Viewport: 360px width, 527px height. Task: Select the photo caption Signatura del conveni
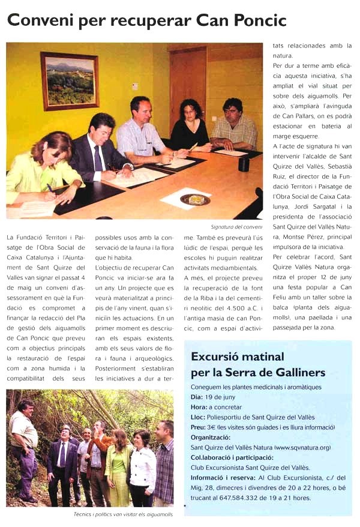click(237, 227)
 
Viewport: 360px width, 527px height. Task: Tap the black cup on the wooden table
click(244, 164)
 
